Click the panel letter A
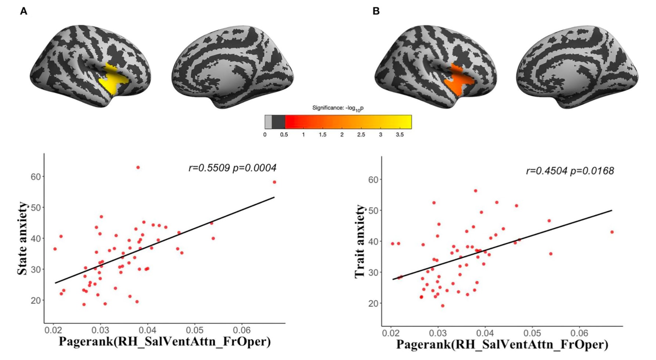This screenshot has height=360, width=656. pyautogui.click(x=24, y=11)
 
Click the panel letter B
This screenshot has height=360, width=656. pyautogui.click(x=376, y=11)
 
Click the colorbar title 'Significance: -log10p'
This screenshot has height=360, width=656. pyautogui.click(x=338, y=108)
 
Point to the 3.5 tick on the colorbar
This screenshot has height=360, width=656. pyautogui.click(x=400, y=135)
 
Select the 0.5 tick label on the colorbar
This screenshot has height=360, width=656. pyautogui.click(x=284, y=135)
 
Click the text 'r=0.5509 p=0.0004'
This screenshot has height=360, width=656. pyautogui.click(x=232, y=168)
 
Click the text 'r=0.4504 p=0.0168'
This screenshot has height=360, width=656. pyautogui.click(x=570, y=171)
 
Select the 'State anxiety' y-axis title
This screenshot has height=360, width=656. pyautogui.click(x=22, y=238)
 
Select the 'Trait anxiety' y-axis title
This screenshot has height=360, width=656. pyautogui.click(x=360, y=241)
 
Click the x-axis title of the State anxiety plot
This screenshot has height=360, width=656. pyautogui.click(x=165, y=341)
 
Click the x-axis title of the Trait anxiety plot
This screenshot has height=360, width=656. pyautogui.click(x=502, y=344)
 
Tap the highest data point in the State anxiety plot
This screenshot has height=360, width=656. pyautogui.click(x=138, y=168)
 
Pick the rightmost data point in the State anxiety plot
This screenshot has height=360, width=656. pyautogui.click(x=274, y=182)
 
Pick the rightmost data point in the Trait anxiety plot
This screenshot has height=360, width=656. pyautogui.click(x=612, y=232)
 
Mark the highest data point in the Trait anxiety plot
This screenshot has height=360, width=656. pyautogui.click(x=476, y=191)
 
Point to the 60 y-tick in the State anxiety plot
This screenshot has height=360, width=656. pyautogui.click(x=36, y=177)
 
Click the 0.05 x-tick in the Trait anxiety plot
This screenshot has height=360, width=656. pyautogui.click(x=532, y=333)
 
